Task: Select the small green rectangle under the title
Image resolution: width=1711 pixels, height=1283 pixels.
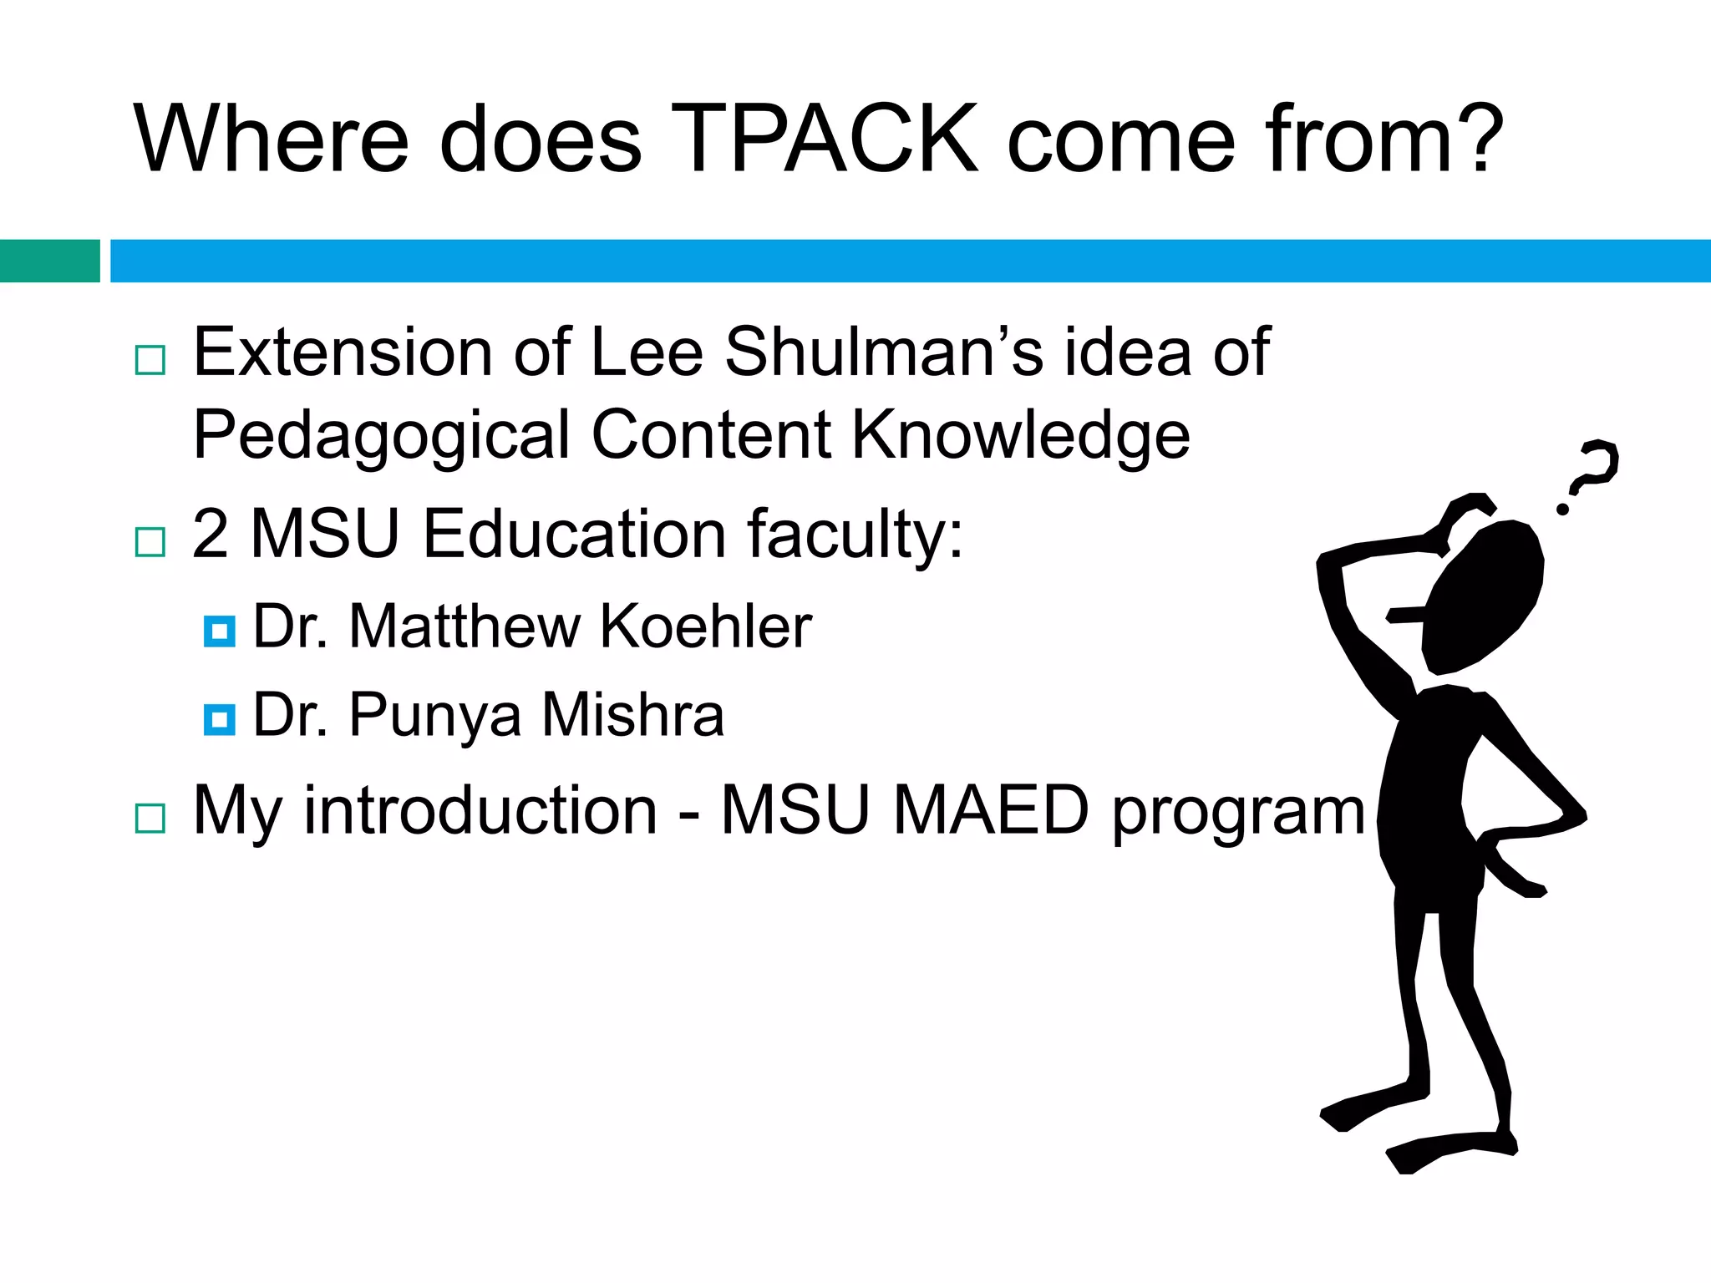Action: tap(49, 261)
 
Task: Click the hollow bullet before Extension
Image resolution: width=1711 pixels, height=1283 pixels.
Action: tap(150, 360)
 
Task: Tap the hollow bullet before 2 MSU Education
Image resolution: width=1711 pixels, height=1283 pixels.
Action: tap(150, 542)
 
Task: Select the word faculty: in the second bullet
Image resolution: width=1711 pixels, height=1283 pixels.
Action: tap(854, 535)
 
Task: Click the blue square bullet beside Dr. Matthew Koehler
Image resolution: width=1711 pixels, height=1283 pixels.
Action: tap(219, 631)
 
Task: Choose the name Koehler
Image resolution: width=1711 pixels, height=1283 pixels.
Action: tap(706, 626)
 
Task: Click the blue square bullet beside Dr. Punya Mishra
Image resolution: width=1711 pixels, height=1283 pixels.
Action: tap(219, 719)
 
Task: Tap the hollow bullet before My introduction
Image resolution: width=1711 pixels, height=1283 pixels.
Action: tap(150, 819)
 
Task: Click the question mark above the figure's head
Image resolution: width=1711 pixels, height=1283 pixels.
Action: tap(1592, 473)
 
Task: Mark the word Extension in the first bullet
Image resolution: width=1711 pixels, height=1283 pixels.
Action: tap(343, 352)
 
